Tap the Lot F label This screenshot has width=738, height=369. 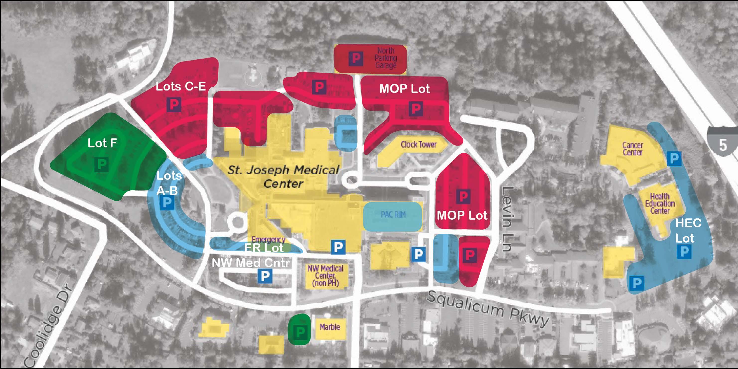(x=102, y=143)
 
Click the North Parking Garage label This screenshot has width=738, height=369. (x=386, y=58)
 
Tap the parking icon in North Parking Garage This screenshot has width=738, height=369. (x=356, y=58)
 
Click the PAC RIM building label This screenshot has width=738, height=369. (x=393, y=214)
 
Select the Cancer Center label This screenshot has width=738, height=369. (x=633, y=149)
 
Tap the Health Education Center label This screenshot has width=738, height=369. (x=660, y=203)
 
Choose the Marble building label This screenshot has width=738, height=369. (x=330, y=327)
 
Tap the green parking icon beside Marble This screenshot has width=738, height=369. (x=300, y=332)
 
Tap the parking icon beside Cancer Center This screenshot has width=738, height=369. (x=674, y=158)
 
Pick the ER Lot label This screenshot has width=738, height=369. (x=264, y=248)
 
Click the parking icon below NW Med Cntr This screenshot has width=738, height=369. (x=265, y=276)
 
